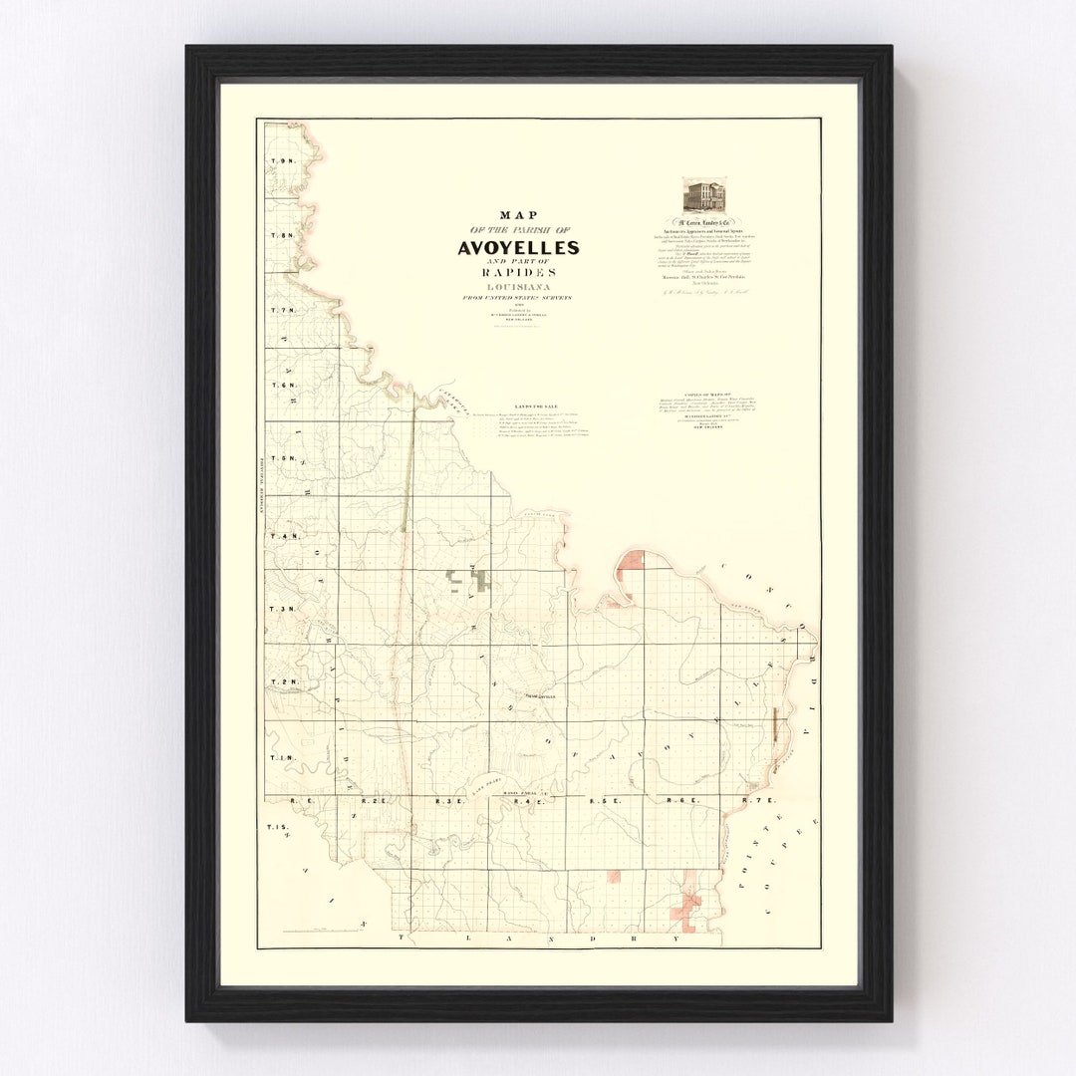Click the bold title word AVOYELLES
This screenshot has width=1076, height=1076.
[517, 247]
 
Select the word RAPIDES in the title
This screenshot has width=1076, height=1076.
[517, 273]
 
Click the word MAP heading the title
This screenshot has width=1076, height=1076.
[518, 215]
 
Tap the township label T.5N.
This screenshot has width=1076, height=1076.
[282, 458]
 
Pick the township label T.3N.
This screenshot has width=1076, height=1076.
[282, 609]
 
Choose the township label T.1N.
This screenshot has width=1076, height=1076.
[282, 758]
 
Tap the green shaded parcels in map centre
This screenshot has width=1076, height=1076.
[468, 578]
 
